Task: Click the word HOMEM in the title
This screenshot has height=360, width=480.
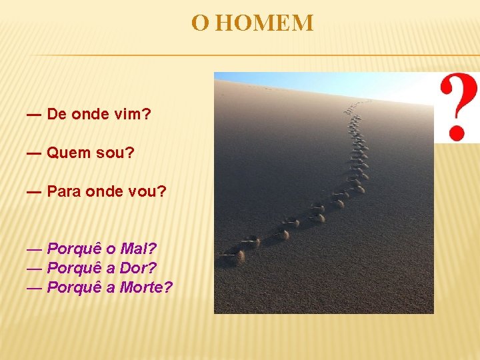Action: coord(265,23)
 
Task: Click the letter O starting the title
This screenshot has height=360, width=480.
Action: coord(199,23)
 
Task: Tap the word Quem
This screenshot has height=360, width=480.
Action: coord(69,153)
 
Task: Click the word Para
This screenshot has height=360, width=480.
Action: coord(65,192)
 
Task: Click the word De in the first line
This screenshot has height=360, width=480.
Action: coord(57,114)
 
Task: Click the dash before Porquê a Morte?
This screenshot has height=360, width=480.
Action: coord(34,288)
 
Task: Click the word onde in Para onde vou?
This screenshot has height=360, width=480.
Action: coord(109,192)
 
